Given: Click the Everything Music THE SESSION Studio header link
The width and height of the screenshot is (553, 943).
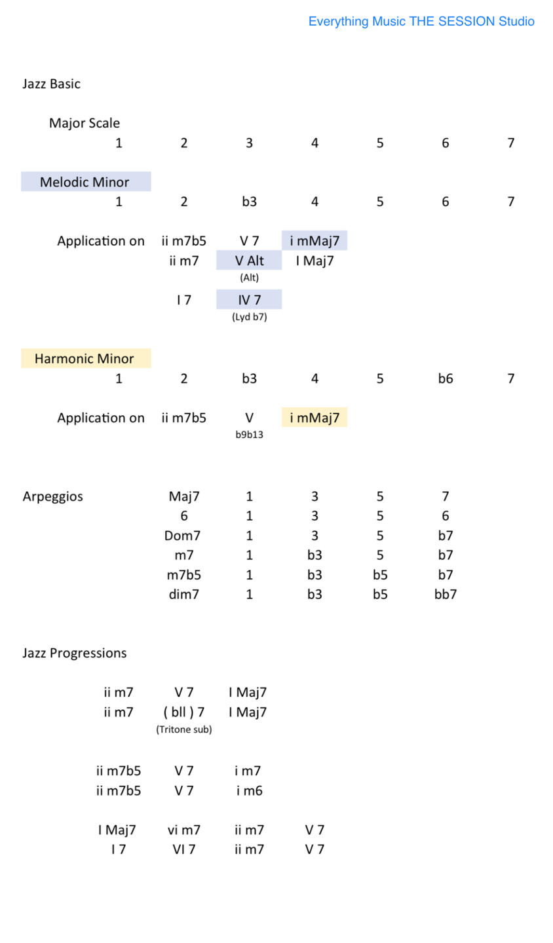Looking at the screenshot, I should [421, 22].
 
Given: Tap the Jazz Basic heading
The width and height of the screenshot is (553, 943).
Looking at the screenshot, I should [52, 84].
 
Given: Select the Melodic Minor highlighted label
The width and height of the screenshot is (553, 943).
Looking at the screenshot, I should [85, 182].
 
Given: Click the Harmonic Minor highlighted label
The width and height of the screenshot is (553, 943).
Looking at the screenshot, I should [85, 359].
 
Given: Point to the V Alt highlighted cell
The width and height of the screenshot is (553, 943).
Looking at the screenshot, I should [249, 261].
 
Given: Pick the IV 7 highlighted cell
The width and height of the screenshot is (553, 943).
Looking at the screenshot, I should [249, 300].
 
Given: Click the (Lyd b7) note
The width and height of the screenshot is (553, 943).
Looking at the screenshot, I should [249, 317].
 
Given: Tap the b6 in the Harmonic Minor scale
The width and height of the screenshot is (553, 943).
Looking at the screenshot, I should [446, 379].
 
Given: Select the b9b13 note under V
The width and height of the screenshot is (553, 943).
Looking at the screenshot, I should [249, 435].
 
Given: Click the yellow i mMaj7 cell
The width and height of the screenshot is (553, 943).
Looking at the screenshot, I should [315, 418].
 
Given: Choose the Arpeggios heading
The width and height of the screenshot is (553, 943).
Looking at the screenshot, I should [53, 496].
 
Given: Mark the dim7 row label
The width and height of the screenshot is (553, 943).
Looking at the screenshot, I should [183, 595].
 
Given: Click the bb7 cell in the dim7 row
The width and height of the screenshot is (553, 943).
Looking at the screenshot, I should [446, 595].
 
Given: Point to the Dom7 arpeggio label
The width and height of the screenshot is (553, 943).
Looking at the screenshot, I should [183, 536].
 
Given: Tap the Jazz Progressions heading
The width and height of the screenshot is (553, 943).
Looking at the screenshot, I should [75, 653].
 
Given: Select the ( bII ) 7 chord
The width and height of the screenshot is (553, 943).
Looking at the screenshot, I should [183, 712].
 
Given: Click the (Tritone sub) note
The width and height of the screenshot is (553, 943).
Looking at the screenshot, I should [183, 730].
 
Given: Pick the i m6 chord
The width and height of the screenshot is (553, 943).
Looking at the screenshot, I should [249, 790].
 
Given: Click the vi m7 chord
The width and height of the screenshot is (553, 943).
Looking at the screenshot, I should [183, 830].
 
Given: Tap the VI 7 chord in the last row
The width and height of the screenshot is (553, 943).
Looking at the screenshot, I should [183, 849].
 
